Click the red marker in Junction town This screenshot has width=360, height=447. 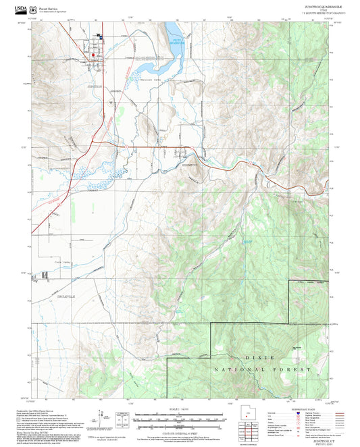pos(94,55)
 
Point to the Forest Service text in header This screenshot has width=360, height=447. pos(49,7)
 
